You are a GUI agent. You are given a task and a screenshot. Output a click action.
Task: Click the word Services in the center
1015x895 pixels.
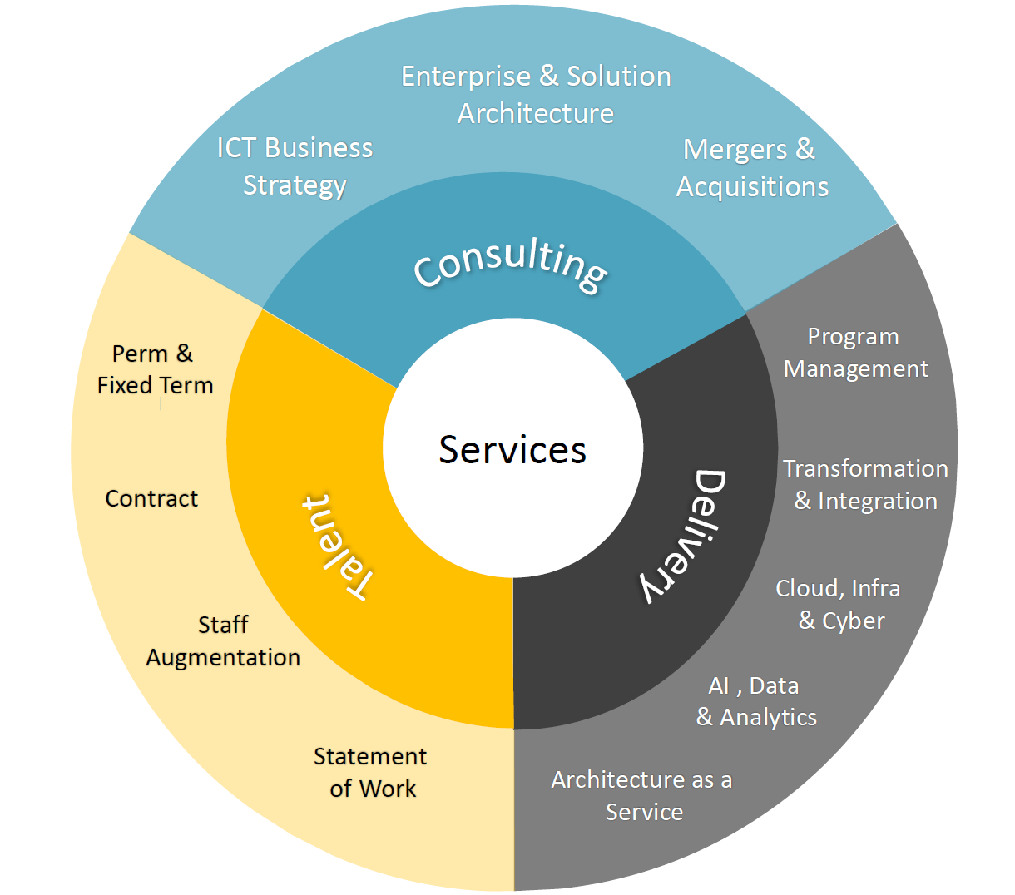pos(512,449)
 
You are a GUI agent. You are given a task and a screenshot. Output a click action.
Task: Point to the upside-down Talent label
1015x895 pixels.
pos(338,547)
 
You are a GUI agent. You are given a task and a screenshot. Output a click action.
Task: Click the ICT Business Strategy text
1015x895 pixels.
pos(295,167)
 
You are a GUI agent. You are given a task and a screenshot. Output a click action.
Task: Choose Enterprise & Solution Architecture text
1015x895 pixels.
pos(536,95)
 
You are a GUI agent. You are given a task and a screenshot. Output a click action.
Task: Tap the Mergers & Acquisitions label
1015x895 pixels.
pos(751,168)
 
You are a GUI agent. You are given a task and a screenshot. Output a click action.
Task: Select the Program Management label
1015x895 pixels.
pos(855,353)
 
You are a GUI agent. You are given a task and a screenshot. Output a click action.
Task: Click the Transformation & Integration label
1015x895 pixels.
pos(865,485)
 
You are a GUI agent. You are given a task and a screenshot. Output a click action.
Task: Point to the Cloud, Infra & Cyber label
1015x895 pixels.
pos(838,605)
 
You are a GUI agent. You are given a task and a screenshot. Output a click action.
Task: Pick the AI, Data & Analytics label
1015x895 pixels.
pos(756,702)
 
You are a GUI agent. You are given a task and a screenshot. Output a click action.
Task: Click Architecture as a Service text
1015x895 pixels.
pos(641,795)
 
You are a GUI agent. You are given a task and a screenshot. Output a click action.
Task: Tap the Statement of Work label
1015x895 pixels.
pos(370,772)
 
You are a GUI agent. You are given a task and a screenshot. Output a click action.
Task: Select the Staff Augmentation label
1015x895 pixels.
pos(223,641)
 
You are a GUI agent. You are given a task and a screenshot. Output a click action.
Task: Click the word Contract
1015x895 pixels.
pos(151,498)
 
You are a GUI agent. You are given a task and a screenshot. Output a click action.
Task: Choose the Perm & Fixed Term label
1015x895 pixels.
pos(155,369)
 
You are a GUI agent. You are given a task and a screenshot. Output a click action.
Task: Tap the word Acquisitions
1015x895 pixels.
pos(752,187)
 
